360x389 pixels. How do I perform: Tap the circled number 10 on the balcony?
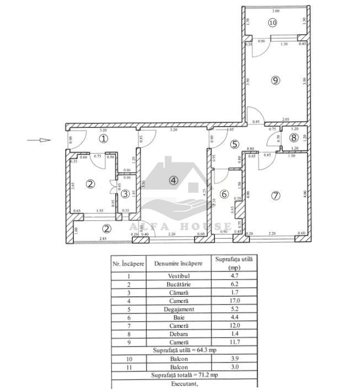click(272, 23)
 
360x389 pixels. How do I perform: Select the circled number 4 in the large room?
click(174, 180)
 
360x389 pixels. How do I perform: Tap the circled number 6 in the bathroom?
click(224, 194)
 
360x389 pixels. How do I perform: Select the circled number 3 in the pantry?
click(126, 193)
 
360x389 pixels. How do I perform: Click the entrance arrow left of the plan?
click(39, 140)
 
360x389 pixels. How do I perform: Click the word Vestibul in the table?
click(178, 276)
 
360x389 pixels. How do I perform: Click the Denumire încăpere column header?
click(178, 263)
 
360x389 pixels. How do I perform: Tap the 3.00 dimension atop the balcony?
click(276, 11)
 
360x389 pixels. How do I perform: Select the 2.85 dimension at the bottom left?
click(102, 239)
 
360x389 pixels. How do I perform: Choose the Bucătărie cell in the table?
click(178, 285)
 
